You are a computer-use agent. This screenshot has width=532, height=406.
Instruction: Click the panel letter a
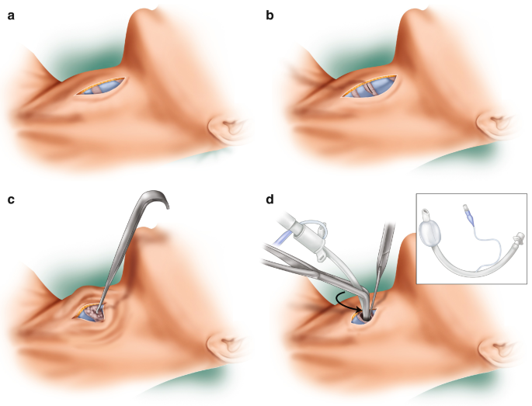(x=12, y=14)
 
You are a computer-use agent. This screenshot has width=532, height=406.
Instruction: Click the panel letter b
(x=270, y=14)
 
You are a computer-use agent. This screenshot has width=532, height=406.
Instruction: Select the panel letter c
(x=11, y=200)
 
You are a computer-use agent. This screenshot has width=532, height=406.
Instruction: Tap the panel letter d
(x=270, y=200)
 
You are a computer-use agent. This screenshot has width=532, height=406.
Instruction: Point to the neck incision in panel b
(x=370, y=88)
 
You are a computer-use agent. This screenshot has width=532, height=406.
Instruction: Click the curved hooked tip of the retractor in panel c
(x=164, y=200)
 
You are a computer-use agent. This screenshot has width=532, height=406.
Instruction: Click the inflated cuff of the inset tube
(x=432, y=231)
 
